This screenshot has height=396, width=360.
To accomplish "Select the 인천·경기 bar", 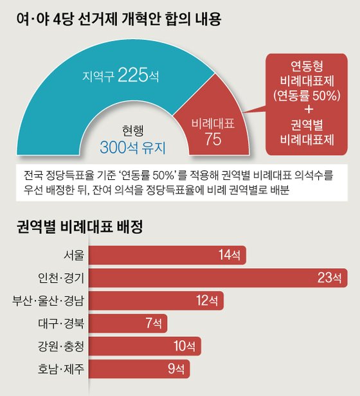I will point(218,278).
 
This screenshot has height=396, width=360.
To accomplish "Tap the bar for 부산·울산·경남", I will point(156,300).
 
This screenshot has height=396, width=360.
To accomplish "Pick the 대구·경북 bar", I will point(129,323).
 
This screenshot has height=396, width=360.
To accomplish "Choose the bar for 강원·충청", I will point(143,345).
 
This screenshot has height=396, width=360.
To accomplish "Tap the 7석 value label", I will point(155,323).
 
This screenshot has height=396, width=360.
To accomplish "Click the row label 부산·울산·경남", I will point(48,300).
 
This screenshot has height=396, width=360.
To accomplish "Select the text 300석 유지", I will point(132,147).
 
